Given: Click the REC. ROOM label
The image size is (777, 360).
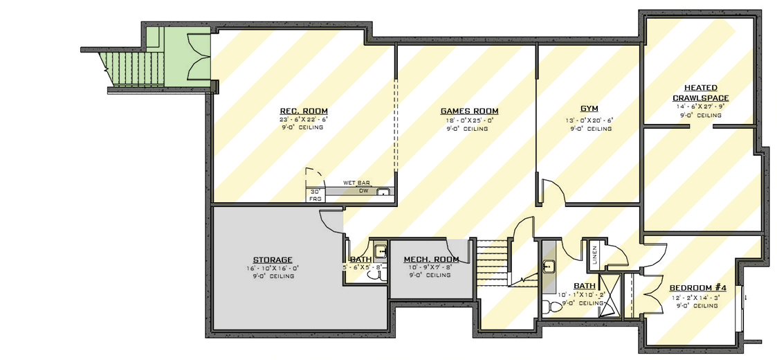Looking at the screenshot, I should click(x=303, y=111).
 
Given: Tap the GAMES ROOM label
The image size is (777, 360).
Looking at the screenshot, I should click(x=469, y=111).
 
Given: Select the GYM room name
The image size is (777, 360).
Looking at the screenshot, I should click(x=589, y=109).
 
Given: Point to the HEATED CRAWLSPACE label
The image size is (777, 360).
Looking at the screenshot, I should click(x=700, y=93).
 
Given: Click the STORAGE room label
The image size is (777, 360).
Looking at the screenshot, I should click(x=273, y=260).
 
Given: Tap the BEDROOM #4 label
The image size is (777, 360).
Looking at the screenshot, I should click(x=697, y=287).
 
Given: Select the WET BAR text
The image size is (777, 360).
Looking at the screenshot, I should click(x=356, y=183).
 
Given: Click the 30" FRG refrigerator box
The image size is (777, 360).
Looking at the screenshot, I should click(x=316, y=195).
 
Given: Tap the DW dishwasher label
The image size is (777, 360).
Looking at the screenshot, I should click(x=363, y=190).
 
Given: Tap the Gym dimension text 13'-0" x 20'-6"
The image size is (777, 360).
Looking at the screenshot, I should click(x=589, y=120).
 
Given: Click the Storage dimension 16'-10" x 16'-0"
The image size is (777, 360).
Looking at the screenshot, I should click(x=273, y=268).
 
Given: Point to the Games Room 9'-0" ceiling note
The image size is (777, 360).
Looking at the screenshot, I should click(x=469, y=128).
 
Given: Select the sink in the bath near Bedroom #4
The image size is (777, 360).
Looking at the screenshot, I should click(x=548, y=264).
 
